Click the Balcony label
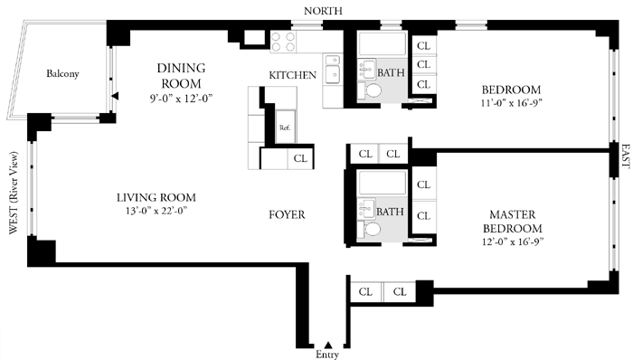(62, 73)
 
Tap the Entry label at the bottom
(327, 355)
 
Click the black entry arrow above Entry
(328, 345)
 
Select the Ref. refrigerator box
(286, 127)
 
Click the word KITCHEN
(293, 75)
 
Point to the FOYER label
(287, 214)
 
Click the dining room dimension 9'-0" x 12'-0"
(181, 99)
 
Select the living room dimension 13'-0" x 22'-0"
(156, 210)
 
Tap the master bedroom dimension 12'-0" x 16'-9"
(513, 242)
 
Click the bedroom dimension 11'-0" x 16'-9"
(511, 102)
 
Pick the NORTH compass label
(323, 11)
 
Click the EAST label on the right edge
(626, 156)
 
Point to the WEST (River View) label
(14, 193)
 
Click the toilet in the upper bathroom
(370, 90)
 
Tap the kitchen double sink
(333, 69)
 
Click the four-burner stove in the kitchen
(283, 42)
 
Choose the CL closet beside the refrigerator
(300, 158)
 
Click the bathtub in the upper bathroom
(383, 44)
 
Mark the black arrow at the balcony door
(115, 96)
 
